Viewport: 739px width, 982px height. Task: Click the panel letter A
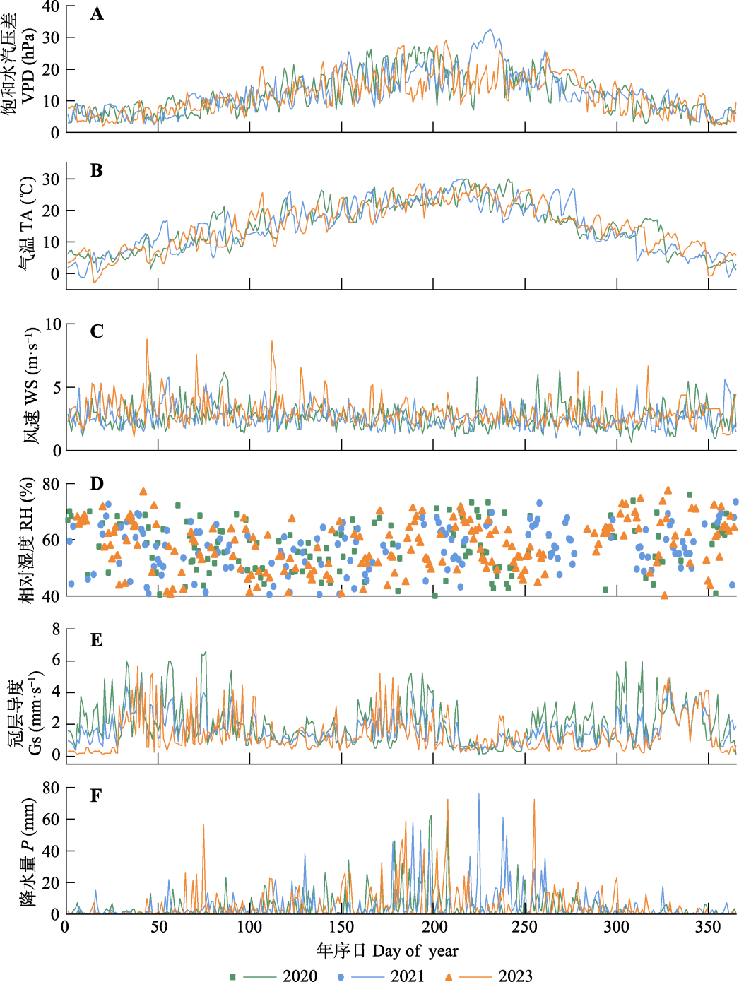pos(97,14)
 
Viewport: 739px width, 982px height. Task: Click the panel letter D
pos(97,483)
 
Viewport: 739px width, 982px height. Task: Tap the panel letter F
pos(96,796)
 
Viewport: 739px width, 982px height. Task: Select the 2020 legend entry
pos(300,976)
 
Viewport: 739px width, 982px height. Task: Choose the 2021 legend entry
pos(408,976)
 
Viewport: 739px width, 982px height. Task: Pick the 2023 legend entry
pos(515,976)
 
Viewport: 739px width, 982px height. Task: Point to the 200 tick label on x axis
pos(434,927)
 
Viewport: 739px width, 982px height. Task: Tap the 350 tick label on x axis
pos(709,927)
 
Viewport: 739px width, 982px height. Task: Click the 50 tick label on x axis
pos(158,927)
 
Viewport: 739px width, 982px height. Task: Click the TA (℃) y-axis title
pos(26,224)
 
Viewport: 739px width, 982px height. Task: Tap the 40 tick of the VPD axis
pos(51,6)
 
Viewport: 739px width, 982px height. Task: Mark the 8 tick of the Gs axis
pos(56,629)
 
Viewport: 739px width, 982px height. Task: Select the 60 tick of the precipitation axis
pos(51,820)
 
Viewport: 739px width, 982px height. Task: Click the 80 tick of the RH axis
pos(51,485)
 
